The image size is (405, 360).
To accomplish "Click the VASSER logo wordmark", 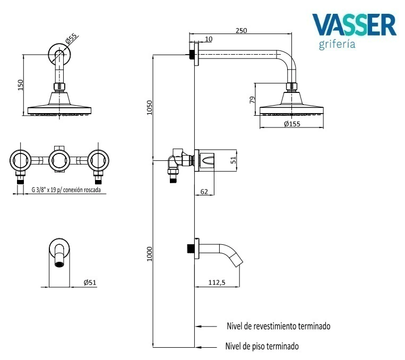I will coord(354,24).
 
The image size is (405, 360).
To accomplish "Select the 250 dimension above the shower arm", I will coord(241,31).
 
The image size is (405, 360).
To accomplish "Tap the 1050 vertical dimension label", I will coord(150,107).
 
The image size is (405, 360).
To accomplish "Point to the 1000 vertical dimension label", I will coord(150,254).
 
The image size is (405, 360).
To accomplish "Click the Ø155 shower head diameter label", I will coord(292,124).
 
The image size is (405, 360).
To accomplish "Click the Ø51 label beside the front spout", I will coord(90,283).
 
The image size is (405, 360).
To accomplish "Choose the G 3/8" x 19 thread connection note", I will coord(66,190).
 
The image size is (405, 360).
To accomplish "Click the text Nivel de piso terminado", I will coord(262,346).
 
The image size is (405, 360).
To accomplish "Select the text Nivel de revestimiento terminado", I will coord(278,326).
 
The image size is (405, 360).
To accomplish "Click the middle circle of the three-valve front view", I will coord(59,160).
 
